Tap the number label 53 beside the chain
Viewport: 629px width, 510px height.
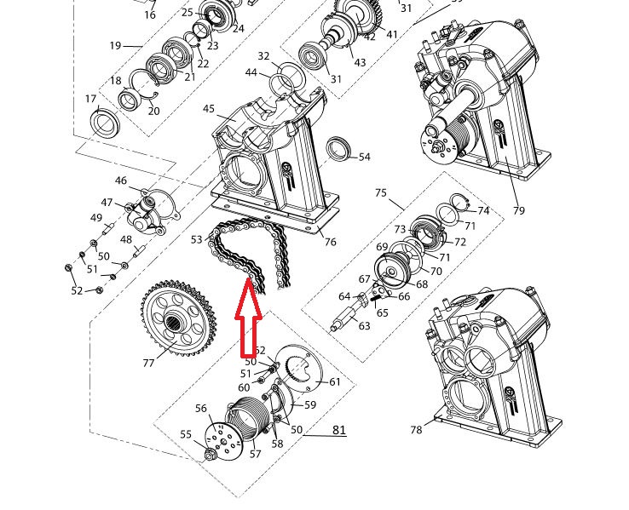[198, 240]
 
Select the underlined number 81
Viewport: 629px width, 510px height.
[339, 430]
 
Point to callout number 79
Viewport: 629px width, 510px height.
[518, 210]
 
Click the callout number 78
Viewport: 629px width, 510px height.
[416, 430]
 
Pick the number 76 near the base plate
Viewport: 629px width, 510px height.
[330, 242]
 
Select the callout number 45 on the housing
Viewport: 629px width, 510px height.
[209, 108]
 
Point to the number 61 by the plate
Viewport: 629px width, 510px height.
[335, 382]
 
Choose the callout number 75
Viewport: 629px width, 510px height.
[380, 193]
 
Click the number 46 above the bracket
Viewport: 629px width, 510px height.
[121, 181]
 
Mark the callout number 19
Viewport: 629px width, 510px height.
[116, 46]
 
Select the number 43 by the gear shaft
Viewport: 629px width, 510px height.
[360, 63]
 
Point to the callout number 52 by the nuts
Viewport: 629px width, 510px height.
[77, 290]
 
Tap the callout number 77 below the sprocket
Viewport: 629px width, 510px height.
[149, 363]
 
